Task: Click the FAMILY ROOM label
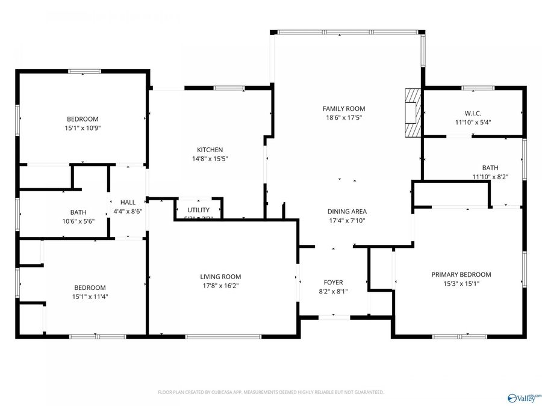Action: pos(344,109)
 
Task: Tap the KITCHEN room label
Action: pos(210,150)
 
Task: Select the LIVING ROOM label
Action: pos(220,277)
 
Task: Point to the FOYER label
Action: pos(333,282)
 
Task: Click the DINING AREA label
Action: pos(347,211)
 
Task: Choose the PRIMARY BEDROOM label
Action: pos(461,274)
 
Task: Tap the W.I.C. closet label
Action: pos(473,113)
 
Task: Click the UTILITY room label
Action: pos(198,210)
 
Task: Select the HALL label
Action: pos(128,202)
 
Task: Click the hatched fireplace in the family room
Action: pos(413,113)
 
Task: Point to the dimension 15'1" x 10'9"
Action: pos(83,128)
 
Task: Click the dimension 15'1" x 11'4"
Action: pos(90,297)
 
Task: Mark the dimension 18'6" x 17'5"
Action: pos(344,118)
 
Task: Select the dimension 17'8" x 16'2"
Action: pos(220,286)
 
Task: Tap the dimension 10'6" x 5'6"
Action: pos(78,221)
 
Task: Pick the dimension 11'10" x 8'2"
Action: pos(490,177)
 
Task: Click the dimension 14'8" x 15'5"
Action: pos(210,159)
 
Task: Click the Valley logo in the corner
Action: pos(525,398)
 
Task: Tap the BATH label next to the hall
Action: pos(78,212)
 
